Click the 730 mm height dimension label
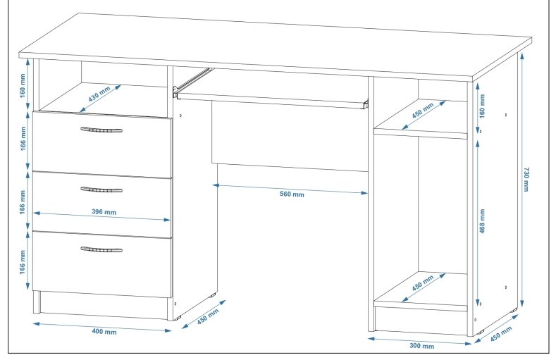pos(526,179)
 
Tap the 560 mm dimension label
pos(292,194)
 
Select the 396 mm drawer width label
pos(104,212)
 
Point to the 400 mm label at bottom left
pos(104,332)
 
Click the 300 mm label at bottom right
pos(422,345)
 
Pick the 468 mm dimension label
pos(482,221)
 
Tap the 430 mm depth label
pos(99,94)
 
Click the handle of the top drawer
pos(101,130)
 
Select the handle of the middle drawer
pos(101,190)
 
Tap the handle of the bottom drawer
pos(101,249)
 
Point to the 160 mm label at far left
pos(23,86)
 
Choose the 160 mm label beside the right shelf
pos(482,106)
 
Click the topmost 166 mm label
pos(23,138)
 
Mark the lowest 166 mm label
pos(23,262)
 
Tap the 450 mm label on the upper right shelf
pos(423,111)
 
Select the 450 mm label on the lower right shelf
pos(423,283)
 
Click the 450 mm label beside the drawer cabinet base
pos(208,316)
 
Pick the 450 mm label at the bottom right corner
pos(502,334)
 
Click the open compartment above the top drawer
pos(103,89)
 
